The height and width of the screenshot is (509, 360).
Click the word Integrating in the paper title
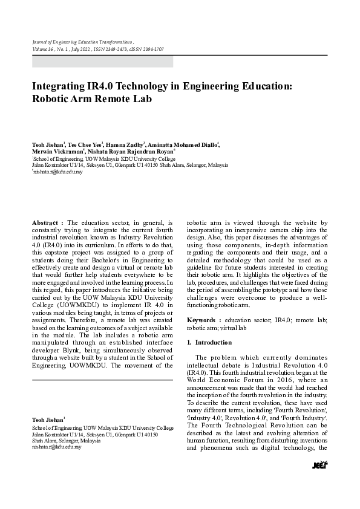[61, 86]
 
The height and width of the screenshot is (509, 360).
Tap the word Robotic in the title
[53, 99]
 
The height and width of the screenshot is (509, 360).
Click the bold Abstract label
[47, 223]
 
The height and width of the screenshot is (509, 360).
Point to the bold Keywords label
[204, 319]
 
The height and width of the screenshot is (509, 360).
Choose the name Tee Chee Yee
[85, 146]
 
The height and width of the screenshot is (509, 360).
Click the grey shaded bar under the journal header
[102, 61]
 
